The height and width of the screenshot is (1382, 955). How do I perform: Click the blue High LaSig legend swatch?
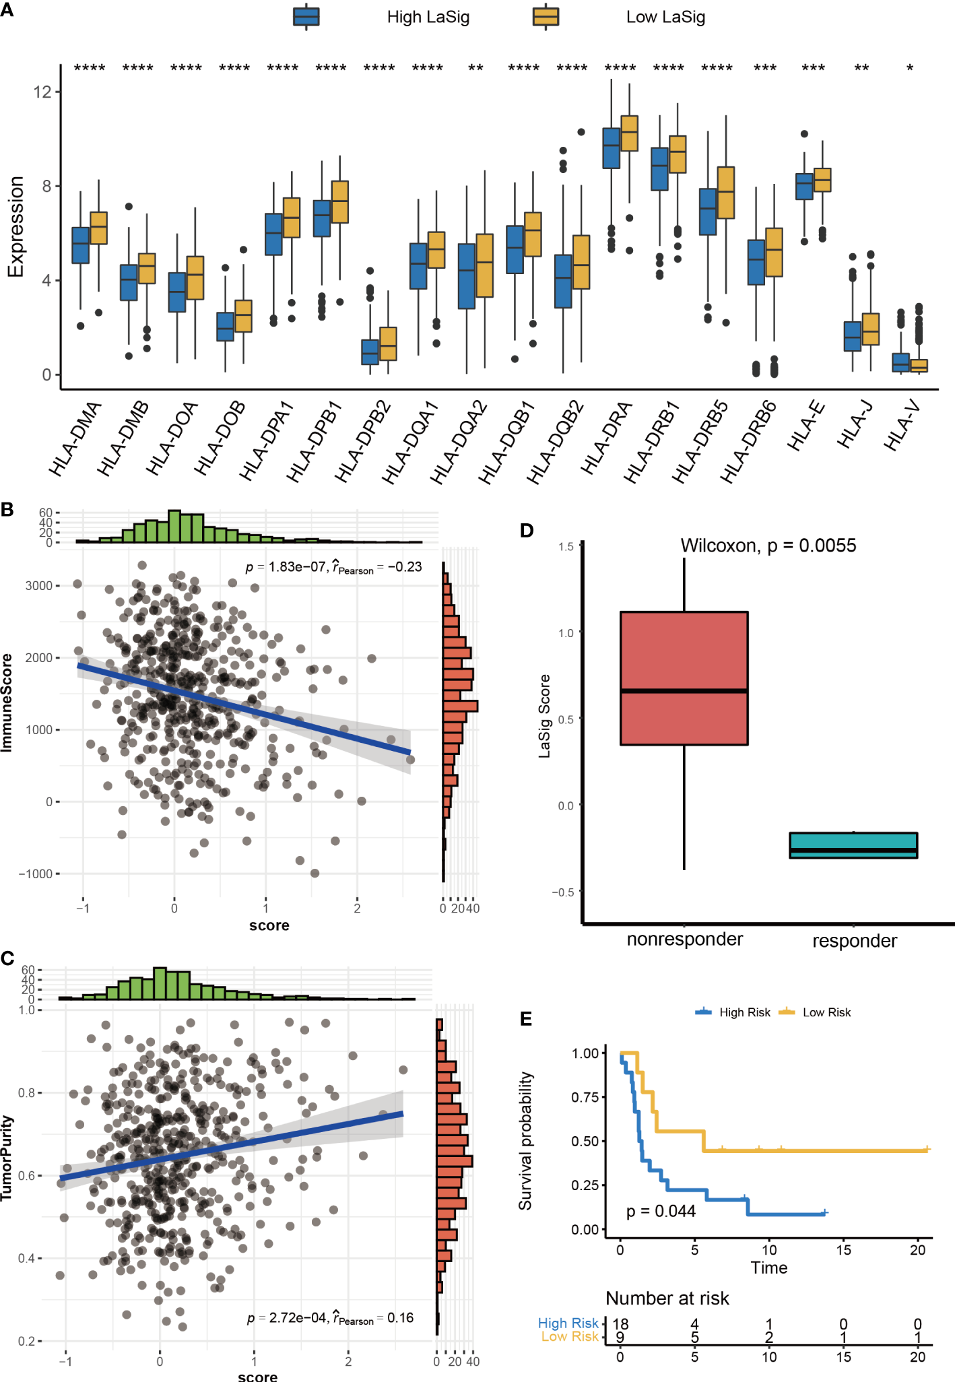306,17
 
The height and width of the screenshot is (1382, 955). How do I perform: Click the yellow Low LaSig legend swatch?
546,17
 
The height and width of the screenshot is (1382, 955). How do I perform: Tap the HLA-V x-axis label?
902,424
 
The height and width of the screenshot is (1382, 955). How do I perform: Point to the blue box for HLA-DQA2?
466,276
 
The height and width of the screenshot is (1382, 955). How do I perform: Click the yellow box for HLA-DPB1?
340,201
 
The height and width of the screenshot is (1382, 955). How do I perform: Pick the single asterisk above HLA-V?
910,68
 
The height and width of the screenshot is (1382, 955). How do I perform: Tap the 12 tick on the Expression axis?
42,92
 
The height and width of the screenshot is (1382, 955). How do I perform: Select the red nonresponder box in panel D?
684,678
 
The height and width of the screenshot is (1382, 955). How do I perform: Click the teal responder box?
853,845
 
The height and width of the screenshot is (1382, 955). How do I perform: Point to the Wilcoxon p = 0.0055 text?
768,546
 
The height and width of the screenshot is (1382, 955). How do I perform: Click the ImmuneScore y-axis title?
7,702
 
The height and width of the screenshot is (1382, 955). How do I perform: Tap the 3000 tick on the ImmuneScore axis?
39,585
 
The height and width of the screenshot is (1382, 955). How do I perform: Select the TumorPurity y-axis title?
7,1158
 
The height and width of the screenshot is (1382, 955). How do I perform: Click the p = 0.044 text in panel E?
661,1211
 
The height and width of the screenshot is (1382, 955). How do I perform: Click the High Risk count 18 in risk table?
620,1324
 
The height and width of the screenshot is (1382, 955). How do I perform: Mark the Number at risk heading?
667,1298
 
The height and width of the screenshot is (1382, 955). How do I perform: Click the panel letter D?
527,531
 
